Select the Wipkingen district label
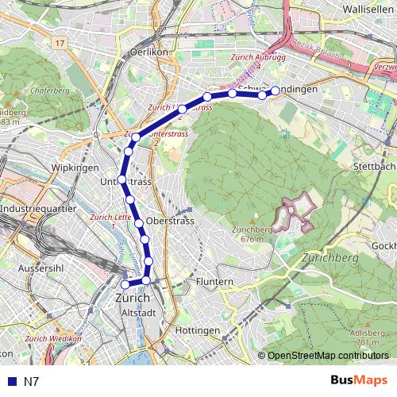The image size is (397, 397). coord(74,168)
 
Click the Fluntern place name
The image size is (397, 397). coord(214,281)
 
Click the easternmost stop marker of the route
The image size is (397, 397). coord(276,91)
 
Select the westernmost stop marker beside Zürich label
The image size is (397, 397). coord(125,284)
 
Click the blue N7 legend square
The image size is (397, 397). coord(10,381)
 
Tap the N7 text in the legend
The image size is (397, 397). coord(32,381)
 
